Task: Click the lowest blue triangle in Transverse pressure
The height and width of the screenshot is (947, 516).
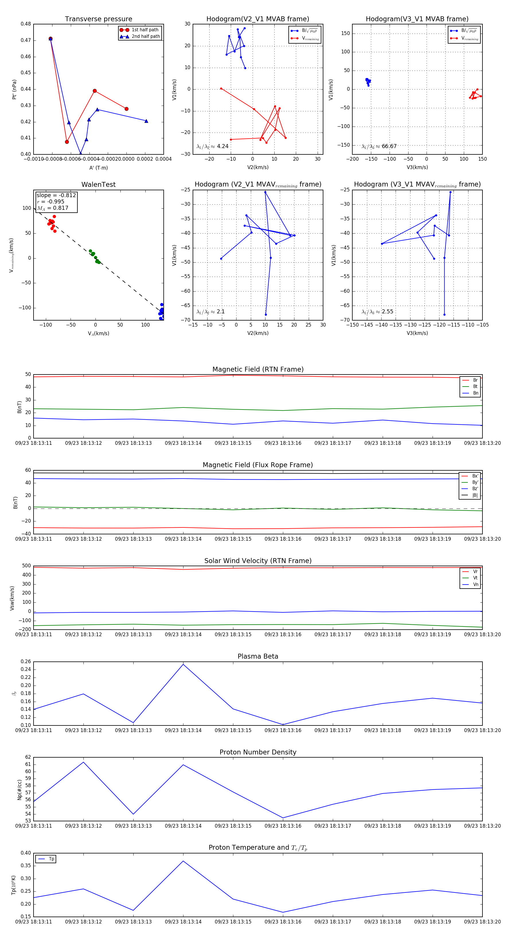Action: [81, 153]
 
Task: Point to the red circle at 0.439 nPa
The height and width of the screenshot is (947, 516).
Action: [95, 91]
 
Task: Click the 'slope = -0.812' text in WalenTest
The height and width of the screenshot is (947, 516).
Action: [56, 195]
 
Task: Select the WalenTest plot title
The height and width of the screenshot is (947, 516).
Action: [98, 185]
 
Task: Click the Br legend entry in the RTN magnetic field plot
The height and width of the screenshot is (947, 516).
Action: [475, 380]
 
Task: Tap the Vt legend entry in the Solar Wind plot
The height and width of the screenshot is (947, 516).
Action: [475, 578]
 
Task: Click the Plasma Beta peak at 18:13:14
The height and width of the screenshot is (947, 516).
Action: [183, 664]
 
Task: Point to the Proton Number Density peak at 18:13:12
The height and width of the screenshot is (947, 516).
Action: [83, 762]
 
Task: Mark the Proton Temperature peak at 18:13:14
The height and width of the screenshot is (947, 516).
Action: [183, 861]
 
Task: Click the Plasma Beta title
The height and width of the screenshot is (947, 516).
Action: [258, 657]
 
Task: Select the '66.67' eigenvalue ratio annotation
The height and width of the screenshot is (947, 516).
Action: [389, 146]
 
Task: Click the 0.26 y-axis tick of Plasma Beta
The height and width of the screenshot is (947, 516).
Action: [26, 662]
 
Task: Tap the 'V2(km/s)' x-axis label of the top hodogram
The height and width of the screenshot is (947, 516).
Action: [258, 167]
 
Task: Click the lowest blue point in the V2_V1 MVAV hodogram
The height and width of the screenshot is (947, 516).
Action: [266, 315]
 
